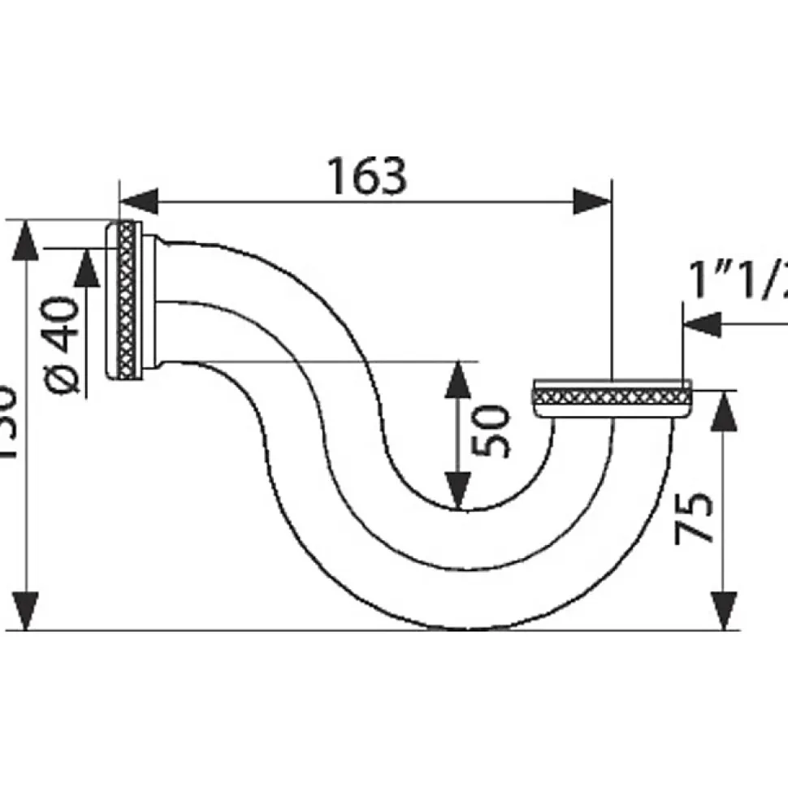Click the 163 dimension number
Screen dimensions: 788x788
pos(366,176)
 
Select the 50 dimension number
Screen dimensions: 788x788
pos(492,431)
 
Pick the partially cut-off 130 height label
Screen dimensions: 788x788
pos(6,422)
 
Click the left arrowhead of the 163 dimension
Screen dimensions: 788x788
pos(138,201)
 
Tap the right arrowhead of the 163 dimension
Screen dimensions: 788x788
pos(591,201)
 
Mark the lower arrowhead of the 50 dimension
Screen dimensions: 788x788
pos(459,491)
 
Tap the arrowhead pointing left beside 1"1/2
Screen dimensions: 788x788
pos(702,323)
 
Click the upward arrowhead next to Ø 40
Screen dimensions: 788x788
pos(86,268)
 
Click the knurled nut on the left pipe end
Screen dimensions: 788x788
pos(127,301)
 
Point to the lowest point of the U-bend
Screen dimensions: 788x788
pos(459,628)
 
